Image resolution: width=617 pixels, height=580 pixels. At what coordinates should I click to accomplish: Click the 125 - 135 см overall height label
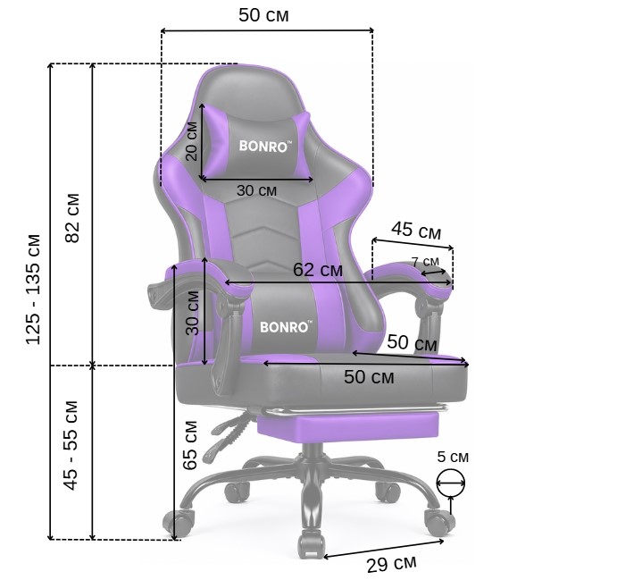coord(33,290)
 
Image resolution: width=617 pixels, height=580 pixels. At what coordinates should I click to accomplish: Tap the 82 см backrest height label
coord(73,218)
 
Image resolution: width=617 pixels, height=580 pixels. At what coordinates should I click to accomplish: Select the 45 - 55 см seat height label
coord(71,445)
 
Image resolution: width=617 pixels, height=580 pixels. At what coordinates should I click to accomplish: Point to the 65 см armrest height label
coord(190,445)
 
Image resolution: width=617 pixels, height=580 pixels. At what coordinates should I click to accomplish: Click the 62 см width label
coord(318,270)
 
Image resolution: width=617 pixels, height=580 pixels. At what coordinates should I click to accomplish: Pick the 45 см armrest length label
coord(416,230)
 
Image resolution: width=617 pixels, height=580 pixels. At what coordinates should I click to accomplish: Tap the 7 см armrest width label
coord(425,262)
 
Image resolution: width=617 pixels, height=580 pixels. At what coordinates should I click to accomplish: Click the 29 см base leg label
coord(391,564)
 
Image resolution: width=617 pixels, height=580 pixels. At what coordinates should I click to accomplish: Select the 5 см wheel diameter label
coord(453,457)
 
